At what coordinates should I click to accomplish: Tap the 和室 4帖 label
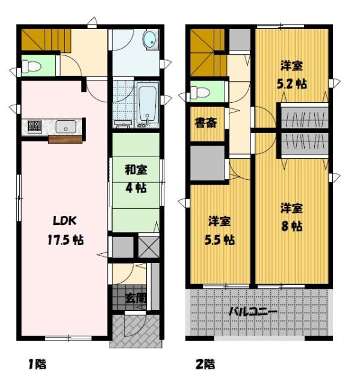coord(135,178)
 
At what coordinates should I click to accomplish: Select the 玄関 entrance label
coord(136,297)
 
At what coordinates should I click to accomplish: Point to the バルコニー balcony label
coord(253,312)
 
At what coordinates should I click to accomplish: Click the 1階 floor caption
coord(37,364)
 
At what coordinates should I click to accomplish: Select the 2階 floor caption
coord(205,364)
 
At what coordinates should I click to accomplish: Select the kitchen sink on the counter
coord(66,127)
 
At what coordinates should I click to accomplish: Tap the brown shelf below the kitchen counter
coord(65,140)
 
